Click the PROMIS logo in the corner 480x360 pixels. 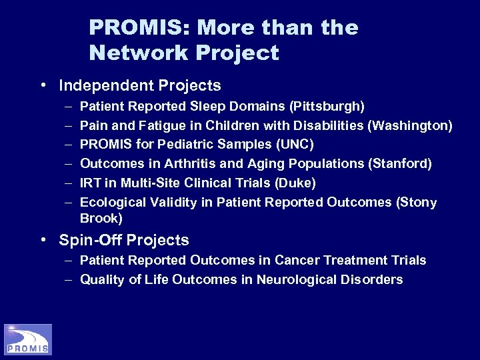(27, 339)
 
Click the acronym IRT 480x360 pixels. (89, 183)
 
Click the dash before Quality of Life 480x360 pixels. (69, 279)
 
